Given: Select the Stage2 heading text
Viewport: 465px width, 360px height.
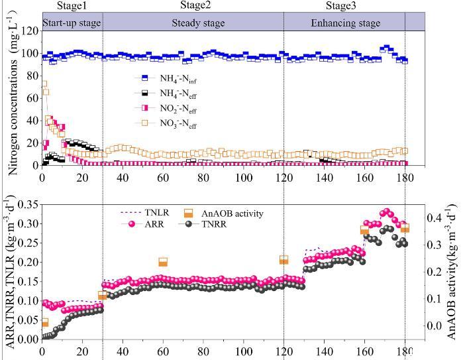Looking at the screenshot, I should [195, 6].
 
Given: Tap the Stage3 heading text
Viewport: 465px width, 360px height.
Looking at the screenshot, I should [341, 6].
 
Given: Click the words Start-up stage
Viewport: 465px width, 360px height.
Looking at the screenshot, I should [72, 23].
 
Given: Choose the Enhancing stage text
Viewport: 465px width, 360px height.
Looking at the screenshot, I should [345, 23].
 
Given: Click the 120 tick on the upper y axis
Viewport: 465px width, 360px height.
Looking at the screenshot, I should [28, 30].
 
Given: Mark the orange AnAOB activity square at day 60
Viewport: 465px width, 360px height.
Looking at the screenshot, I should [163, 262].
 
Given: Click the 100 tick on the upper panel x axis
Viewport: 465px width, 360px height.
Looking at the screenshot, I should [244, 178].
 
